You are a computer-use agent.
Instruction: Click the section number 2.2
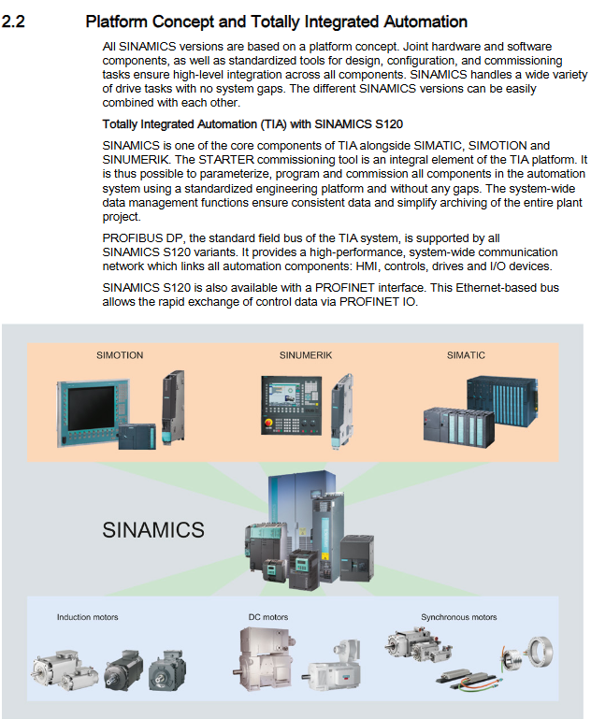[13, 22]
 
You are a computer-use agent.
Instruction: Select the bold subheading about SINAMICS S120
[252, 124]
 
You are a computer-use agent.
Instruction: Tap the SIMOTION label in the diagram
[120, 355]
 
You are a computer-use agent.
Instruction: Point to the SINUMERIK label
[306, 355]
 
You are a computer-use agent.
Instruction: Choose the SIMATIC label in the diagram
[466, 355]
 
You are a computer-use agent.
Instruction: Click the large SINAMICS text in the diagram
[153, 530]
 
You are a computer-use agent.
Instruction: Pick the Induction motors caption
[88, 617]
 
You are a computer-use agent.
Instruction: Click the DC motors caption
[268, 617]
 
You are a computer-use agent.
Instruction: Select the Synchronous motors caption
[459, 617]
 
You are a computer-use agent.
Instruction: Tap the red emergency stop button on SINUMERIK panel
[267, 422]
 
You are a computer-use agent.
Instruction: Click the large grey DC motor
[266, 659]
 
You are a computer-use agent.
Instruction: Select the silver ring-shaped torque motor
[541, 652]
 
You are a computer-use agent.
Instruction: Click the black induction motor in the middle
[123, 670]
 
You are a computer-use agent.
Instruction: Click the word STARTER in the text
[226, 160]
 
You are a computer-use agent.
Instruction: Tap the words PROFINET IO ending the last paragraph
[378, 302]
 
